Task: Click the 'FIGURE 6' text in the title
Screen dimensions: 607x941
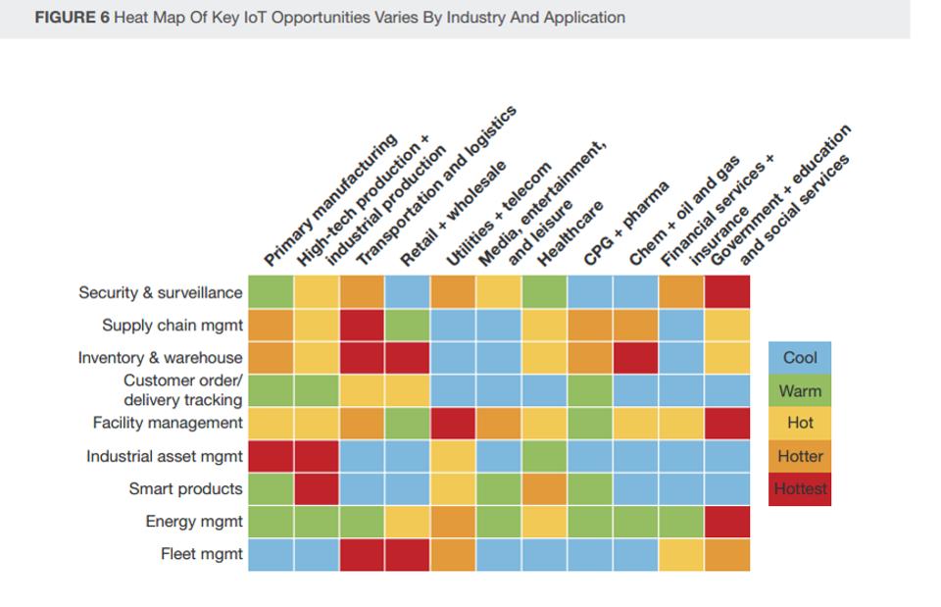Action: (72, 18)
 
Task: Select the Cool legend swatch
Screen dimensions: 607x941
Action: (799, 358)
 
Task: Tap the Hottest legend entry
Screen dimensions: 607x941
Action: (799, 488)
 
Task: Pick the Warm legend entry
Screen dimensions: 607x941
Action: (799, 391)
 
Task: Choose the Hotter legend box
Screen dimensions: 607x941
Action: (799, 456)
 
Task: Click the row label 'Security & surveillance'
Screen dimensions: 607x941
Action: (160, 292)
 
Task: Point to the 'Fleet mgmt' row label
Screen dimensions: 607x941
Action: (201, 554)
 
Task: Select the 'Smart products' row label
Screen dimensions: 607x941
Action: (185, 488)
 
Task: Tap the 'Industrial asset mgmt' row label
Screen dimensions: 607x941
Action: (164, 456)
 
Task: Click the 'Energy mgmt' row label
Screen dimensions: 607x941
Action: (194, 522)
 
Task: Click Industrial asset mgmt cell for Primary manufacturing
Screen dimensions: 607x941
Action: (271, 456)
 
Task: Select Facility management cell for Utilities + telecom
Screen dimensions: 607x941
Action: (453, 424)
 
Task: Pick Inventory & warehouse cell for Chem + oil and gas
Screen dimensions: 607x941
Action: (635, 358)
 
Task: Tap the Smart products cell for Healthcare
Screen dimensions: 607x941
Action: (544, 488)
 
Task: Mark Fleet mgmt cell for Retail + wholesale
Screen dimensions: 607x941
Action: (407, 554)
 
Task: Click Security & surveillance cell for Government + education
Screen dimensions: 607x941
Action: (726, 292)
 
